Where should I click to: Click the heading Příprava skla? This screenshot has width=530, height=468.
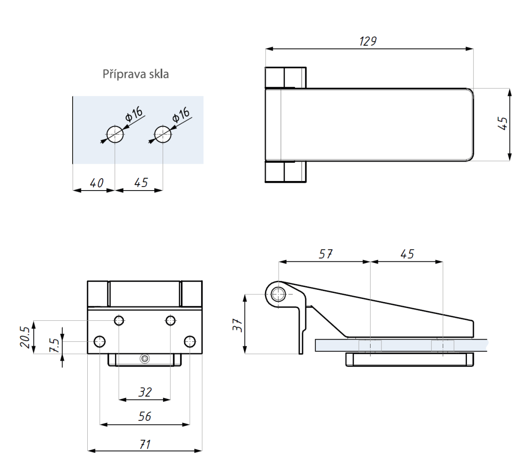coord(135,74)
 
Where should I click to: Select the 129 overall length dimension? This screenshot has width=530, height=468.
coord(367,41)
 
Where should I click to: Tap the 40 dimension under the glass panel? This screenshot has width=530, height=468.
coord(96,183)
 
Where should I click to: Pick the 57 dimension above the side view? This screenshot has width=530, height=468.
coord(326,254)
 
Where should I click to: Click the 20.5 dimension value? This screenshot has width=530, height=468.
coord(26,337)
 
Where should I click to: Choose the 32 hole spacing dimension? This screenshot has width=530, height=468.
coord(145,392)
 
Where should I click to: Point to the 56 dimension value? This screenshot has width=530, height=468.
coord(145,416)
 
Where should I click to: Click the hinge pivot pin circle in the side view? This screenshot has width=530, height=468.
coord(277,295)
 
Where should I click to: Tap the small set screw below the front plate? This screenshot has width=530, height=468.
coord(145,358)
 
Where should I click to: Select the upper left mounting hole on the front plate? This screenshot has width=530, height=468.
coord(119,320)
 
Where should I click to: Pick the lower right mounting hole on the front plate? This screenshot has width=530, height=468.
coord(190,341)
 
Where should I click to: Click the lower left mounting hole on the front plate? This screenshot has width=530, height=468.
coord(100,341)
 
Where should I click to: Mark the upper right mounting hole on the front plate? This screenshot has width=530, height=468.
coord(170,320)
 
